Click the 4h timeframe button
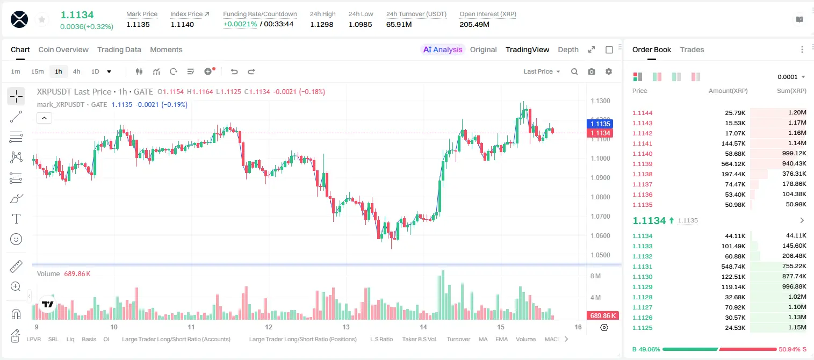click(x=76, y=71)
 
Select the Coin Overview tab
click(x=63, y=49)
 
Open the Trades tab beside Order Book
click(x=692, y=49)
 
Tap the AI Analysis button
click(x=443, y=49)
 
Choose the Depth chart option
click(x=568, y=49)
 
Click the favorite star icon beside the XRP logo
click(x=42, y=19)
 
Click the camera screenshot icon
click(x=592, y=71)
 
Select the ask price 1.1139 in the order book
click(x=642, y=164)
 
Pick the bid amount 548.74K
click(x=733, y=267)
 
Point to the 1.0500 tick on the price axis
click(x=600, y=255)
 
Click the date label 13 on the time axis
click(x=346, y=327)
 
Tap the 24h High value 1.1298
click(x=322, y=24)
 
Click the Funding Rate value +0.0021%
click(x=240, y=24)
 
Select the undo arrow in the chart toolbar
click(x=234, y=71)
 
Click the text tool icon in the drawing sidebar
click(x=16, y=219)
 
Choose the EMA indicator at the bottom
click(x=501, y=339)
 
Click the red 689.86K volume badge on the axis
click(x=603, y=316)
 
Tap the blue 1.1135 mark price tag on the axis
click(x=600, y=124)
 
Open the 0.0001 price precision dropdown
click(x=791, y=77)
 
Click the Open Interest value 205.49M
click(x=474, y=24)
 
